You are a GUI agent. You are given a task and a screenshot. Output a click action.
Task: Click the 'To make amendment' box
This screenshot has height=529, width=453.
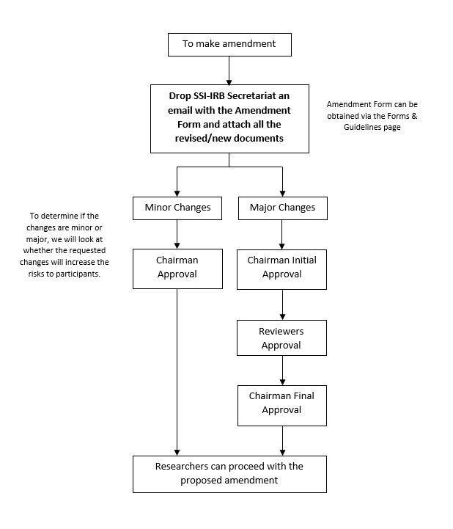[229, 45]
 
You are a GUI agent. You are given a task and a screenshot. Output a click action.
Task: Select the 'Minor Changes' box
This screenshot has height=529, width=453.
[177, 208]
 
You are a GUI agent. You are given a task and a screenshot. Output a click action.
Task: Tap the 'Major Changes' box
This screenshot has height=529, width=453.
[283, 208]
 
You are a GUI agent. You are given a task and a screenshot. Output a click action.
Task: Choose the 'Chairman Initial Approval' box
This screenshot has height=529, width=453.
[281, 269]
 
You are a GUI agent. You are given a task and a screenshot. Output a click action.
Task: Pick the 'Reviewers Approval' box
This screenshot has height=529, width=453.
[281, 338]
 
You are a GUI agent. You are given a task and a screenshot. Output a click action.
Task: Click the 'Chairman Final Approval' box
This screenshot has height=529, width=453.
[282, 406]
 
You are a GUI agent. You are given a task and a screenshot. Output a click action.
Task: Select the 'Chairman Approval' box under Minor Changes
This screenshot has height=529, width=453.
[177, 269]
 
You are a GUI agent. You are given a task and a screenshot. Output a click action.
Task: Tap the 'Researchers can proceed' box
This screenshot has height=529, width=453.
[229, 475]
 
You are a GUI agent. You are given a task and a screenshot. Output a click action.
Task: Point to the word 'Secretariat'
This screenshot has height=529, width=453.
[251, 96]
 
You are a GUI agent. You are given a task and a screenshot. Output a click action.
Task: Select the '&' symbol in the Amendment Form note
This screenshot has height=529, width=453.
[414, 116]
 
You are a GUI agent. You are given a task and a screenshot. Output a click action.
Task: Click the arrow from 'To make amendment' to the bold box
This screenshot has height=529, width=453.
[229, 70]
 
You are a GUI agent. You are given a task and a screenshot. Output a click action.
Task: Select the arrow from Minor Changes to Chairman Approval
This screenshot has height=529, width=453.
[177, 235]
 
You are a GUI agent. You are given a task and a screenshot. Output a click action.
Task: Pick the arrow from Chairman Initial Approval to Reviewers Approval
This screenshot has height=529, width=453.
[282, 304]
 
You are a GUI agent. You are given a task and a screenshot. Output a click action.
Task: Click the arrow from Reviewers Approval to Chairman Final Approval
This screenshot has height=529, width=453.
[282, 371]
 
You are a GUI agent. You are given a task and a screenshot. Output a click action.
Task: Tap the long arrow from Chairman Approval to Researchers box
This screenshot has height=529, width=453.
[177, 372]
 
